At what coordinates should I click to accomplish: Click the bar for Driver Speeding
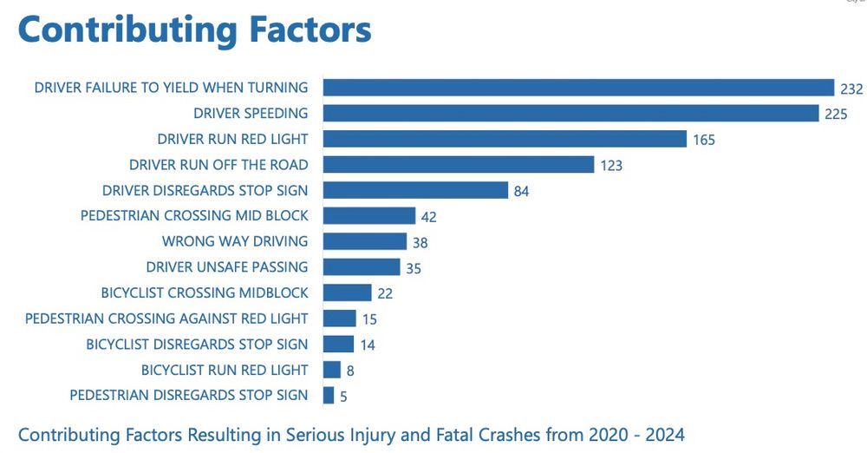(570, 113)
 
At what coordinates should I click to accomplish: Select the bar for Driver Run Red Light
(505, 139)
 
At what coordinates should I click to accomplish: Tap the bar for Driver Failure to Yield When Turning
(578, 88)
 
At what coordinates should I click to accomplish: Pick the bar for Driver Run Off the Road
(459, 164)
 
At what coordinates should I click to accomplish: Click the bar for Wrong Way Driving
(365, 241)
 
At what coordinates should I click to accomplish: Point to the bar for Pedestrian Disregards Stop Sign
(329, 396)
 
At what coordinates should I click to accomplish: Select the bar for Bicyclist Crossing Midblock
(348, 292)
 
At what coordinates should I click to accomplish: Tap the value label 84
(521, 191)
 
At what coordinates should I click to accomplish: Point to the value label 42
(429, 217)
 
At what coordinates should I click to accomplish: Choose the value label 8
(350, 371)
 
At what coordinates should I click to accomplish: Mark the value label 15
(369, 319)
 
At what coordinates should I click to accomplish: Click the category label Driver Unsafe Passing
(226, 266)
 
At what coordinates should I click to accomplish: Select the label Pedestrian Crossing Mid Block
(194, 215)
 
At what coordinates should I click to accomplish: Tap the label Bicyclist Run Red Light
(225, 370)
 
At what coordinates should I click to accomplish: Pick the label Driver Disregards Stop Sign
(205, 189)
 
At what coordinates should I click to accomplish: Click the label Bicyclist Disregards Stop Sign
(197, 344)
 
